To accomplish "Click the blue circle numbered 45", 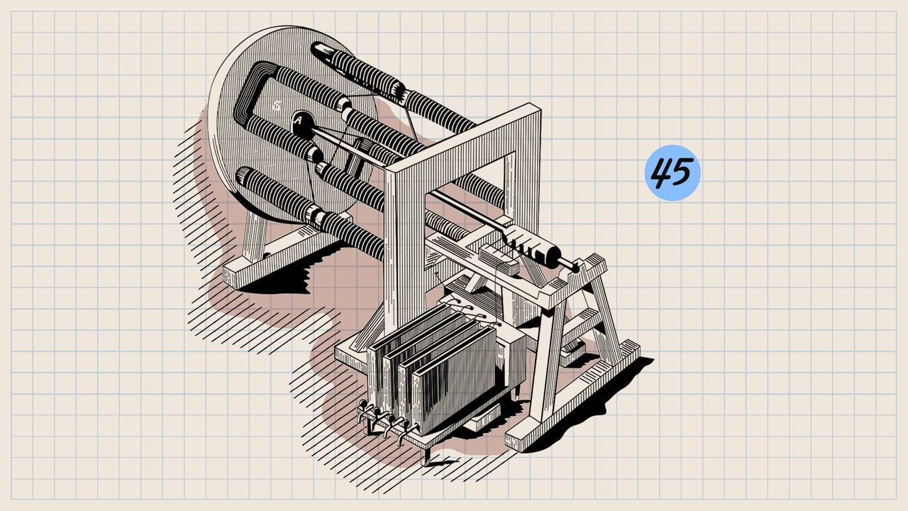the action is [672, 172].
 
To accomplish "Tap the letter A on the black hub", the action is [299, 121].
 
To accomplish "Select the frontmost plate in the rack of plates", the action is [454, 381].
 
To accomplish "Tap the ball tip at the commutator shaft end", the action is [575, 268].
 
